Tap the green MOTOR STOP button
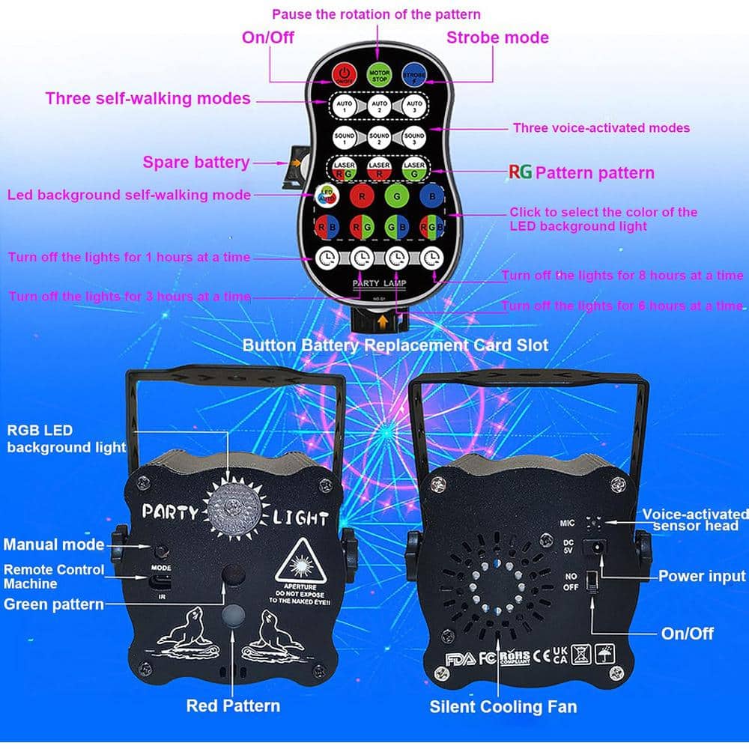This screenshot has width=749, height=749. click(x=379, y=74)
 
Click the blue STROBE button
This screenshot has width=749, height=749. click(x=413, y=74)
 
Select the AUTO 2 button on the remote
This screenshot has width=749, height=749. click(x=379, y=104)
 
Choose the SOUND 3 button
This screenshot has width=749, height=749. click(x=413, y=136)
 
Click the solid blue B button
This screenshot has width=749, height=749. click(x=430, y=197)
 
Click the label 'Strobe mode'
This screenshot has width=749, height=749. click(x=497, y=37)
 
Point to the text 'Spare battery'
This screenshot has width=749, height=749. click(x=196, y=162)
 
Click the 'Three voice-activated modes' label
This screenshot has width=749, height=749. click(x=601, y=128)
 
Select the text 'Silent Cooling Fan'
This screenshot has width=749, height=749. click(x=503, y=706)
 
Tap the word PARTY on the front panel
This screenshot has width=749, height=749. click(x=171, y=513)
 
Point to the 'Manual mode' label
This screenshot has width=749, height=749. click(x=53, y=545)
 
